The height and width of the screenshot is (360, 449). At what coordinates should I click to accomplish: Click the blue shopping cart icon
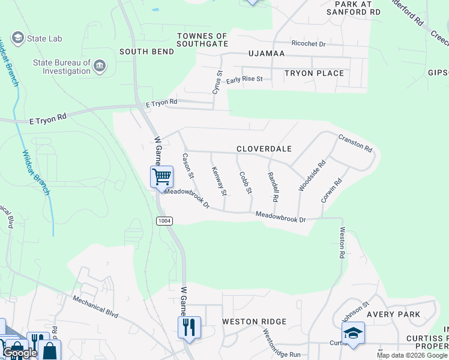161,177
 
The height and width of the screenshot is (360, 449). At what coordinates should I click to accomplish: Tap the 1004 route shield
164,221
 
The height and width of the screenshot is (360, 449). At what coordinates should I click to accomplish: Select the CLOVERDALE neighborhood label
264,149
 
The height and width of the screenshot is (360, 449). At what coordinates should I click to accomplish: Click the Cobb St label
245,183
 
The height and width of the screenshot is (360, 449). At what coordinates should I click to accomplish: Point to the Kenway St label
219,181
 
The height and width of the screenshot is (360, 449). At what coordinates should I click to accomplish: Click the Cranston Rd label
355,143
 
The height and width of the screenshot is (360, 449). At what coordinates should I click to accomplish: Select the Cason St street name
188,166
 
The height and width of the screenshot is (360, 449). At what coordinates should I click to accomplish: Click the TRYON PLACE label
314,73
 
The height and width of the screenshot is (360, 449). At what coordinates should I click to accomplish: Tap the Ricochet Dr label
308,44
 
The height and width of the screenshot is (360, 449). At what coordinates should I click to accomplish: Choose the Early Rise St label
245,79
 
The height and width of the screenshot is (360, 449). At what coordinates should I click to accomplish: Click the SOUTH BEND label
146,52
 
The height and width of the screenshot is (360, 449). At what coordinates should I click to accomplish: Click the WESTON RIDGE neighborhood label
254,322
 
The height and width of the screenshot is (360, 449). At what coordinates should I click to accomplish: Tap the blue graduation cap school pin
353,334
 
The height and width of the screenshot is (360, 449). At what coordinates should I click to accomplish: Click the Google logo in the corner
19,353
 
